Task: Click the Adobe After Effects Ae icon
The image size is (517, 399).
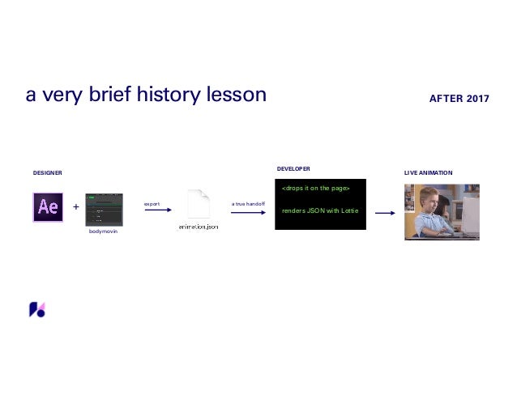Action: (x=48, y=207)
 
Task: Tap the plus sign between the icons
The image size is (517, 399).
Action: (x=76, y=206)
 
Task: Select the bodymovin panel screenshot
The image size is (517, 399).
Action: (x=105, y=210)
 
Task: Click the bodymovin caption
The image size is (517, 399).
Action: (x=103, y=231)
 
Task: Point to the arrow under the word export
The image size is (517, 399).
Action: (x=158, y=210)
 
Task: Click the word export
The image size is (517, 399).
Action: (x=152, y=204)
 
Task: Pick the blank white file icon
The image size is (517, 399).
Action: (x=199, y=203)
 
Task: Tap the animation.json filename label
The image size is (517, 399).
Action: (x=199, y=227)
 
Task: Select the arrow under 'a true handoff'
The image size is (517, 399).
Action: (x=248, y=212)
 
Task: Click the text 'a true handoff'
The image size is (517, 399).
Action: (x=248, y=204)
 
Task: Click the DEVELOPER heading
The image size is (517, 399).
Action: (x=293, y=168)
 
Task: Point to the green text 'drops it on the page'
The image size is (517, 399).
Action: (x=315, y=188)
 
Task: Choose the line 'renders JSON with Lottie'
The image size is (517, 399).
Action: (x=320, y=210)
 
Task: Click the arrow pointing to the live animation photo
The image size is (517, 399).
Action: (x=385, y=213)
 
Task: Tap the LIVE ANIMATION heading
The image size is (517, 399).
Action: (x=429, y=173)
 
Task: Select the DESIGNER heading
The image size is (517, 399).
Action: (x=48, y=173)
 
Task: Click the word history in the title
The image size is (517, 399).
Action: (x=169, y=95)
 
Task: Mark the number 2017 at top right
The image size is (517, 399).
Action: (x=478, y=99)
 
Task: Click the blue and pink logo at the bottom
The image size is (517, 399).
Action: (x=37, y=309)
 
